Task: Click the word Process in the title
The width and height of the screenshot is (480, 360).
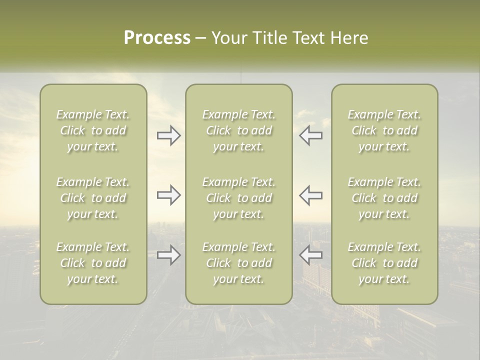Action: pos(157,38)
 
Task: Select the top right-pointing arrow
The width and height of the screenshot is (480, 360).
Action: pos(169,135)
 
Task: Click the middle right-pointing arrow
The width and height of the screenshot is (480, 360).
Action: pos(169,195)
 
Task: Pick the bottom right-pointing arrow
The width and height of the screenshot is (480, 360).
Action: pos(169,255)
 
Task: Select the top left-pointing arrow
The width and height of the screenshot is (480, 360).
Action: pos(310,135)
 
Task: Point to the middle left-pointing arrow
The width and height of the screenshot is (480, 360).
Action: pos(310,195)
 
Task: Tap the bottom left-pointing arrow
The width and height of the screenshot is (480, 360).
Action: pos(310,255)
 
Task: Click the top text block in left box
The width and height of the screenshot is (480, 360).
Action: pos(93,130)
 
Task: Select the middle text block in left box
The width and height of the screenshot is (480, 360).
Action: pos(93,198)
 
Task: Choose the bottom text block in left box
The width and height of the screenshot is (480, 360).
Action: pos(93,263)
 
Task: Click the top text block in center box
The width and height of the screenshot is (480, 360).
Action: pos(238,130)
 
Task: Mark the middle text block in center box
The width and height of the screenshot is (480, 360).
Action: pos(238,198)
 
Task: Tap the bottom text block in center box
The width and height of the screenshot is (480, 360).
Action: pos(238,263)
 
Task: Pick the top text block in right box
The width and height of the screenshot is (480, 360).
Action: pos(384,130)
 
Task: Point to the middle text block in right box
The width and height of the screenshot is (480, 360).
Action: pos(384,198)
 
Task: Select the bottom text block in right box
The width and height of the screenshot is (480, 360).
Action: pos(384,263)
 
